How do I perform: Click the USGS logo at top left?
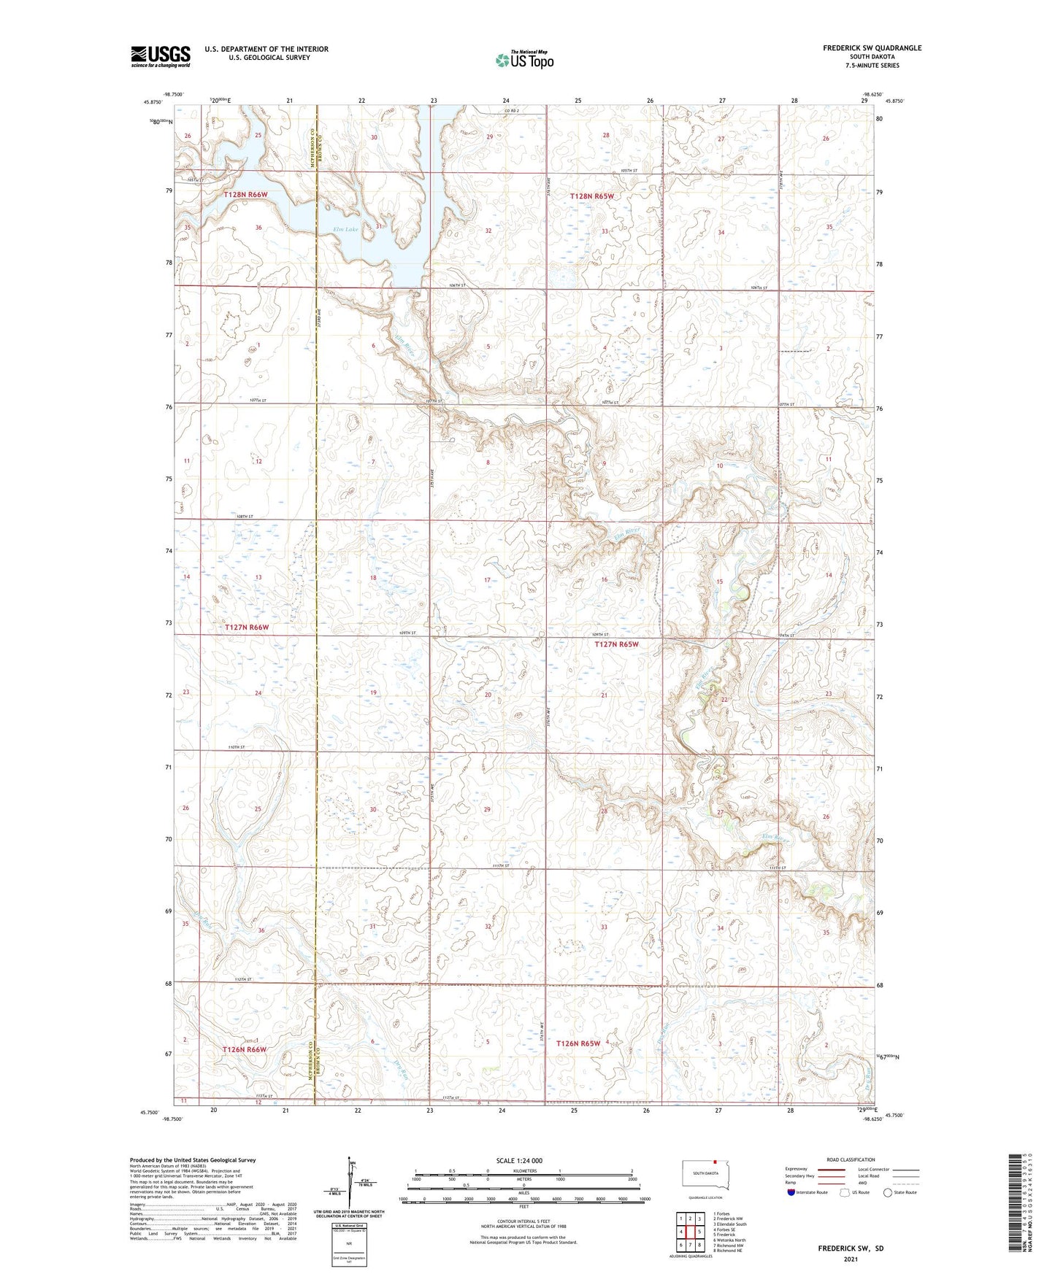[160, 56]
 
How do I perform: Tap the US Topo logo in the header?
[524, 60]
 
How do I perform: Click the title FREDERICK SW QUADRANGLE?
[872, 48]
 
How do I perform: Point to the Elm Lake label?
[346, 230]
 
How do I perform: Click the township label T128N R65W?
[592, 196]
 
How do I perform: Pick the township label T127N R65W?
[616, 644]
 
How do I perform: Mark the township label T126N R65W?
[578, 1043]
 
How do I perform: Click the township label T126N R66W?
[245, 1049]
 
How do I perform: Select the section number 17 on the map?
[488, 580]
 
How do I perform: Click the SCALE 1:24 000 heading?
[519, 1160]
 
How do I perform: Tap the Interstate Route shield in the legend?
[792, 1192]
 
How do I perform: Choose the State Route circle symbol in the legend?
[887, 1192]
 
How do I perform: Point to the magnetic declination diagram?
[348, 1188]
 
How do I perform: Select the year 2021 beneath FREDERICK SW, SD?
[851, 1259]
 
